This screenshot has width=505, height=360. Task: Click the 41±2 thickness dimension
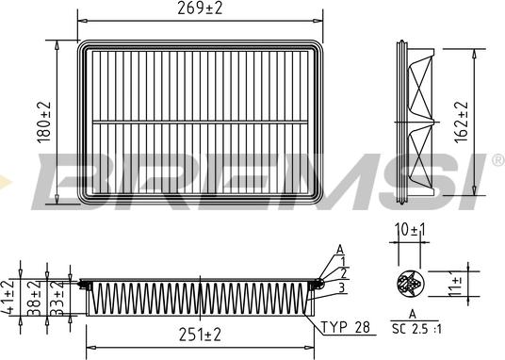[x=10, y=297]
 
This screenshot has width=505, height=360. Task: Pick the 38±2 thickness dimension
[x=35, y=297]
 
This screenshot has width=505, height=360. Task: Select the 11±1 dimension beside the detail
[x=457, y=284]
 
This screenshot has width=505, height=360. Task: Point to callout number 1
[x=344, y=261]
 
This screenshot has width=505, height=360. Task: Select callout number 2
[x=344, y=273]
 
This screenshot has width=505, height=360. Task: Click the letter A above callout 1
[x=338, y=249]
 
